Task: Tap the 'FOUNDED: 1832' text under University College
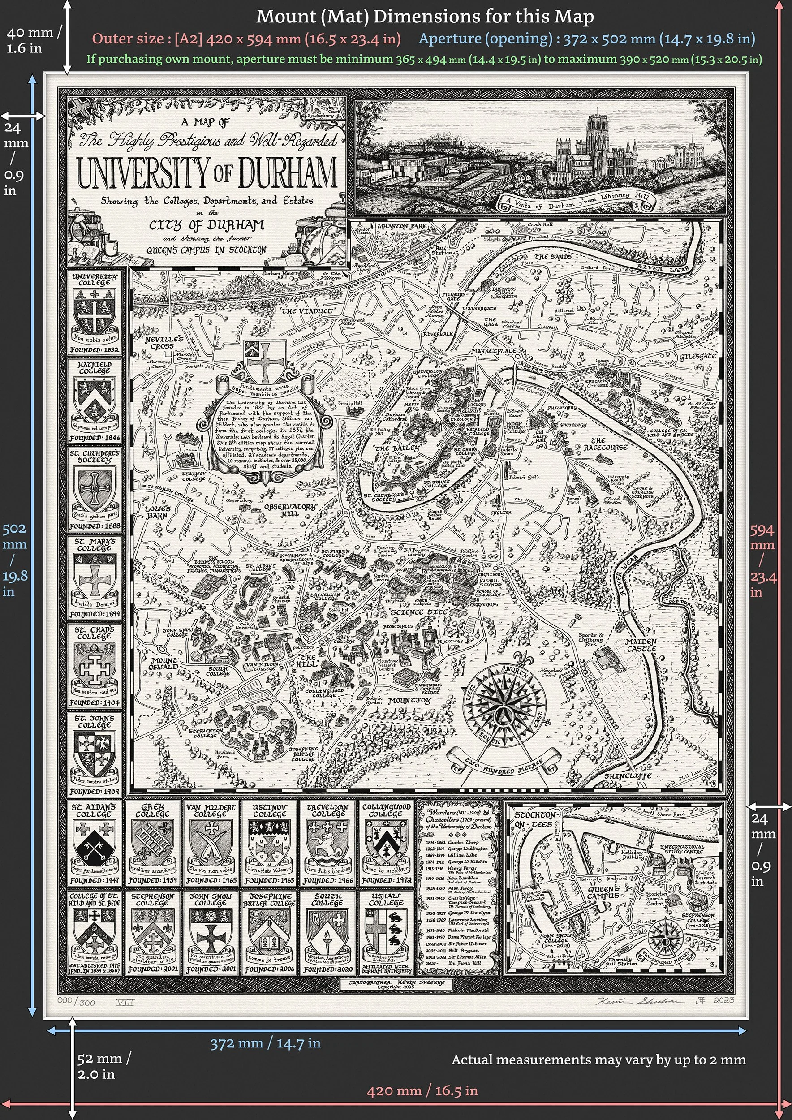[94, 350]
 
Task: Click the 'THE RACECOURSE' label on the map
[605, 444]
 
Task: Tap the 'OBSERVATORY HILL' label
[290, 510]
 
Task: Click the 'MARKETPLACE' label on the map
[494, 351]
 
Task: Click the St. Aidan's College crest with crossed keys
[95, 845]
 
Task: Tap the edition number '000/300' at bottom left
[76, 1001]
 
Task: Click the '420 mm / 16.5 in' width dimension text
[422, 1091]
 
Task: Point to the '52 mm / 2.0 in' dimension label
[103, 1066]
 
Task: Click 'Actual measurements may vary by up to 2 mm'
[598, 1060]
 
